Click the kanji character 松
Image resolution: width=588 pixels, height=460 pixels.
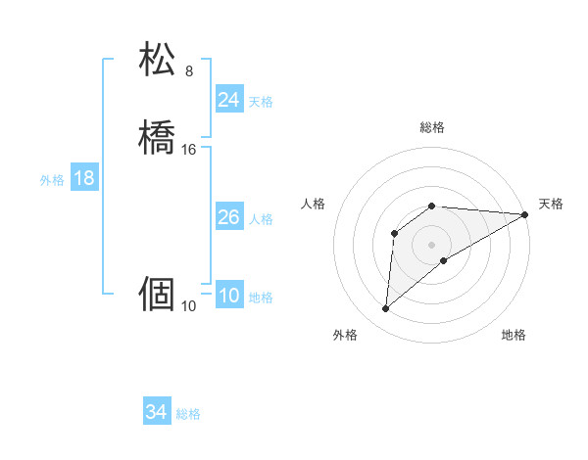(x=158, y=60)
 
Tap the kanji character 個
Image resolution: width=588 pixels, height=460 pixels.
(x=158, y=293)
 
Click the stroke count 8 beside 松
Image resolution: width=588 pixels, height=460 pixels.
(x=189, y=71)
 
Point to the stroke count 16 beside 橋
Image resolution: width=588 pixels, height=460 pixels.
(x=189, y=150)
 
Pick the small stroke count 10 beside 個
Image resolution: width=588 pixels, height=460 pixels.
(x=189, y=306)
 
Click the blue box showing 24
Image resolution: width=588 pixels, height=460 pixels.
(x=228, y=100)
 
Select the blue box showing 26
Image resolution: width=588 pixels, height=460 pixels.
(x=228, y=217)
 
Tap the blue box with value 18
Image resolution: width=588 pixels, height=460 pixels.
(x=83, y=178)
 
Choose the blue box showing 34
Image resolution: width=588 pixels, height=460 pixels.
(x=156, y=412)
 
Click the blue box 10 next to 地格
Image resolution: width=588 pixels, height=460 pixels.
(x=228, y=296)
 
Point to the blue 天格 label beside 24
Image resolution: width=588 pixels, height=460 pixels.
(x=261, y=102)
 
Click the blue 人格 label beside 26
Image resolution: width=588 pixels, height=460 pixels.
(x=261, y=219)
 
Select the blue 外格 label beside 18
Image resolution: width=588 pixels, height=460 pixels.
(x=52, y=180)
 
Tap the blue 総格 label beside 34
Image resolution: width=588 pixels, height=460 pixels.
(x=188, y=414)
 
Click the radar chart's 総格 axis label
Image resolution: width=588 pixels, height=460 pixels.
(x=432, y=127)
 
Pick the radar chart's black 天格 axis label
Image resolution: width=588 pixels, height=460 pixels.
(x=551, y=204)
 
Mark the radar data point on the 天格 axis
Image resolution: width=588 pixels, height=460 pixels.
(x=526, y=214)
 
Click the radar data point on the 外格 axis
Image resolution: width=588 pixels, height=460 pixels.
(x=385, y=309)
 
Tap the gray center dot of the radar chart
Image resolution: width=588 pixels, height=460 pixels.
(x=432, y=244)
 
